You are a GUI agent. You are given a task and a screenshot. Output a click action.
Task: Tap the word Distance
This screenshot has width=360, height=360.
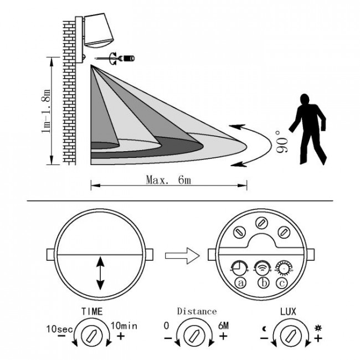(197, 311)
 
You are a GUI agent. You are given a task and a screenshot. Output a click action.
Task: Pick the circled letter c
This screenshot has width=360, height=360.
(282, 282)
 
